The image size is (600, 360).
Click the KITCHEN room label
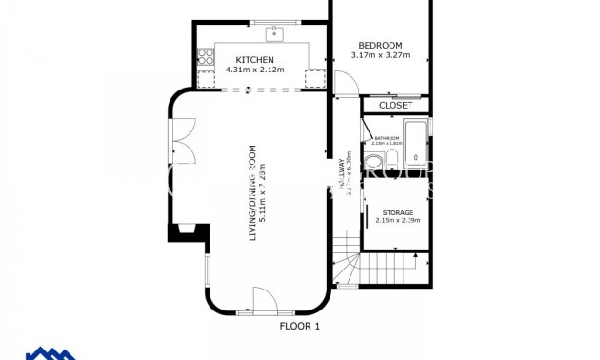tap(255, 60)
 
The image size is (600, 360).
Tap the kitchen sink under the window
tap(273, 34)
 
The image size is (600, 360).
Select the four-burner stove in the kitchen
tap(204, 55)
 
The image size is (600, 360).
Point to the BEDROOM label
tap(380, 45)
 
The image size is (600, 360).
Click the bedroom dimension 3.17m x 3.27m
tap(380, 55)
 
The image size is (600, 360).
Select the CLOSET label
tap(395, 105)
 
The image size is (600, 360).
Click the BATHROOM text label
tap(387, 138)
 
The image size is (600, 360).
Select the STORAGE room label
tap(397, 212)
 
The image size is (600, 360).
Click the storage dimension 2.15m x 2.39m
tap(397, 221)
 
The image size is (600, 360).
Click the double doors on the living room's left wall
tap(182, 137)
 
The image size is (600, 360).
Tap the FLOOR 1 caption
tap(299, 327)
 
